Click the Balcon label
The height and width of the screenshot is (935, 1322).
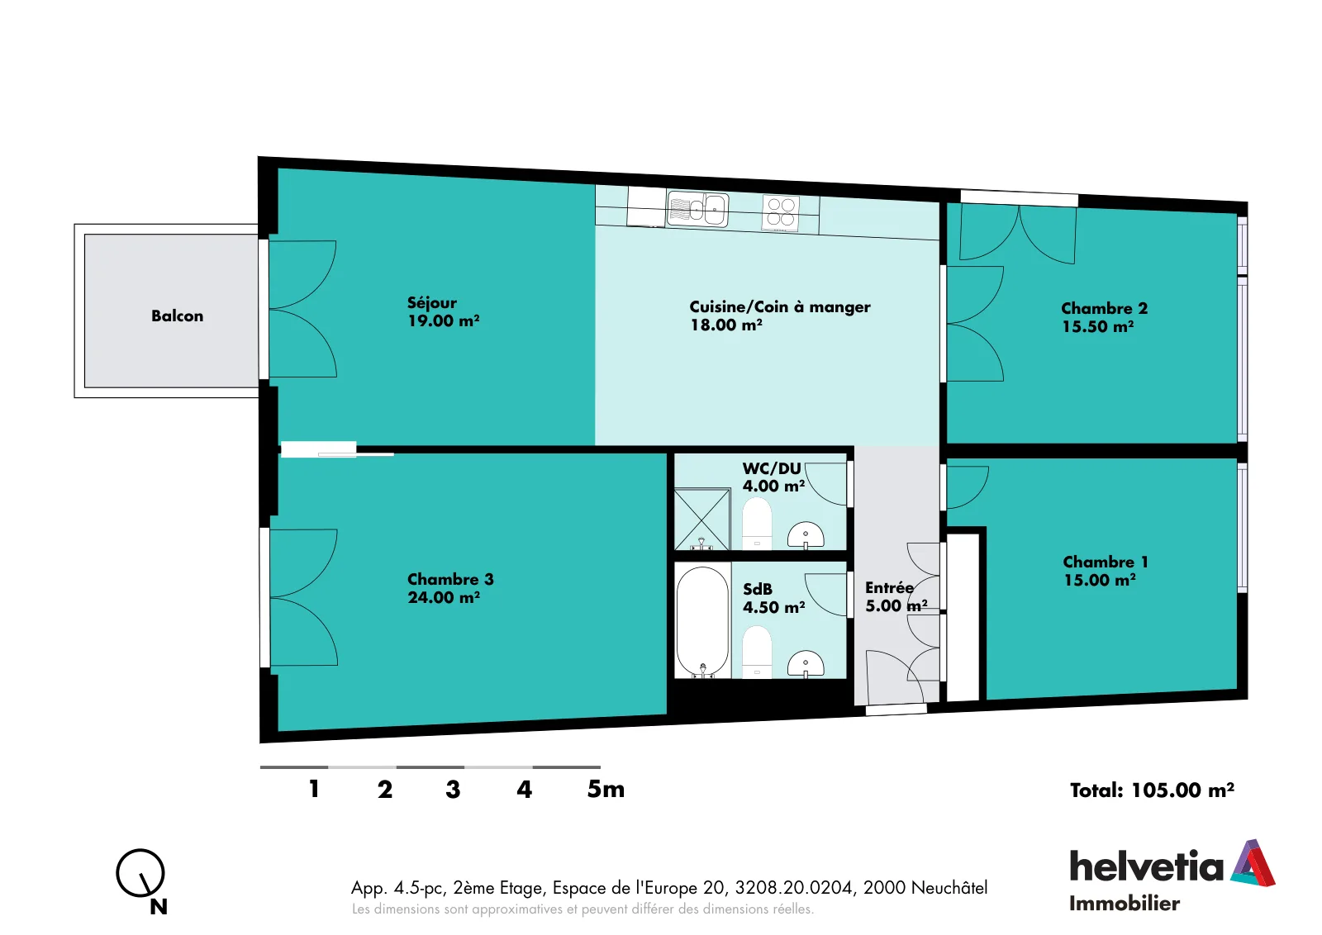(177, 316)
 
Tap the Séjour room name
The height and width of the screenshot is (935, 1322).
(432, 303)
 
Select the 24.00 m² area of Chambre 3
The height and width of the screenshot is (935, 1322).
(443, 597)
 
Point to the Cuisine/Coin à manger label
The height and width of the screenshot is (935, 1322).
(780, 306)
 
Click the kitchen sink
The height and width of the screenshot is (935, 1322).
(697, 209)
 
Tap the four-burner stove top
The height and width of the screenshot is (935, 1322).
(781, 212)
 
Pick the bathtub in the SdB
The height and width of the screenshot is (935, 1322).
(703, 622)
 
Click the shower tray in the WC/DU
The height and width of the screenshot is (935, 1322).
(702, 519)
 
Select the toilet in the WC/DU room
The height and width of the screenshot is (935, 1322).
(757, 524)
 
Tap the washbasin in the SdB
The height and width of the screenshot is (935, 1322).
(806, 663)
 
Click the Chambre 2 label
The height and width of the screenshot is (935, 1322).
(1104, 309)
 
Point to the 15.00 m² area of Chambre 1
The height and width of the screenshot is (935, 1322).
(1100, 581)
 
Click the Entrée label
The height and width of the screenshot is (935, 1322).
(889, 588)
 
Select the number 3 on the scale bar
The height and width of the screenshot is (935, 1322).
(453, 790)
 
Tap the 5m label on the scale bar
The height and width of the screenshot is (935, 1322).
(606, 790)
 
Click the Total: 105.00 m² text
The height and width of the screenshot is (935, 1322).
(1152, 790)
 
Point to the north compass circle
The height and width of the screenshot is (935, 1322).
(140, 873)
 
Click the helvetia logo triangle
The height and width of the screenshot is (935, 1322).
(1253, 863)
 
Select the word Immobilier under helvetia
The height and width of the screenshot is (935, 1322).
(1125, 904)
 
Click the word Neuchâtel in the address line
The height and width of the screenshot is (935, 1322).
(949, 888)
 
